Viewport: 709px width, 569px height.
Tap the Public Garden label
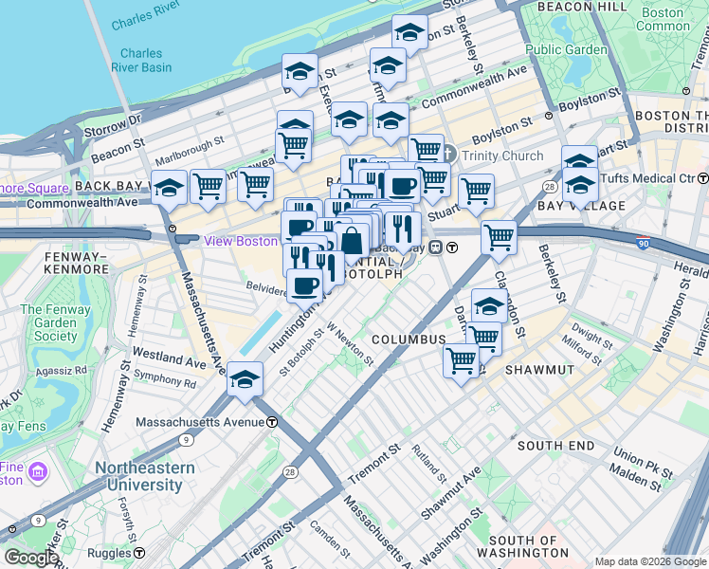coord(566,49)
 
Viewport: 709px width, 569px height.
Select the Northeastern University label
coord(144,476)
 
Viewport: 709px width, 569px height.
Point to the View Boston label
coord(241,241)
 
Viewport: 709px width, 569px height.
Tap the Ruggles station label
coord(112,552)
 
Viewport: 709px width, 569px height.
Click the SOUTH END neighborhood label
coord(555,446)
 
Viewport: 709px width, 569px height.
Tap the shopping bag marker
coord(352,241)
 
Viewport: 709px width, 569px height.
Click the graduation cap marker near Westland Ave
coord(245,380)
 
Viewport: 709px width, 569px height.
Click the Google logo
coord(31,559)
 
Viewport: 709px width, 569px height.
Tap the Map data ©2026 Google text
coord(649,561)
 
